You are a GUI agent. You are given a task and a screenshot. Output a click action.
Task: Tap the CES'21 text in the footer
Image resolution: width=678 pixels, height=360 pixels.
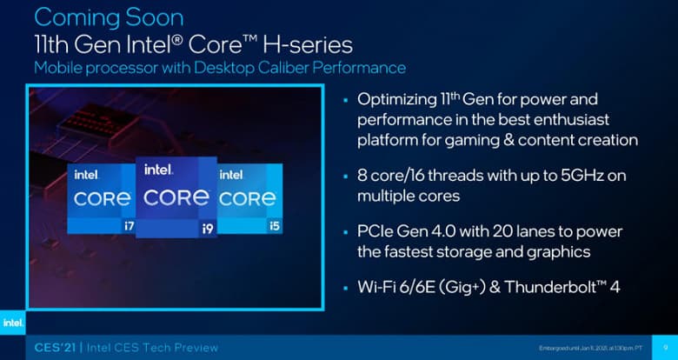point(48,348)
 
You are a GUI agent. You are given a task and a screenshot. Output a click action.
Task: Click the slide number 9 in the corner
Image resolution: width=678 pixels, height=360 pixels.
point(663,348)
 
